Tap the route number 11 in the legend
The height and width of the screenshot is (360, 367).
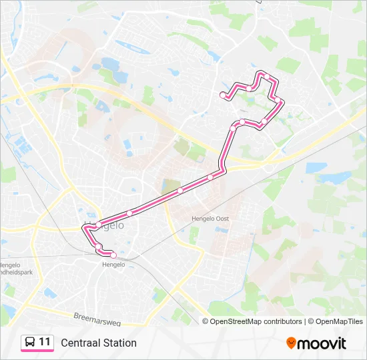pos(45,342)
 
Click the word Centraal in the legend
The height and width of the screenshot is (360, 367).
pos(80,343)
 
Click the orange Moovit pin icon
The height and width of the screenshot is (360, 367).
pos(291,343)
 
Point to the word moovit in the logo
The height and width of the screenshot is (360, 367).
pos(322,343)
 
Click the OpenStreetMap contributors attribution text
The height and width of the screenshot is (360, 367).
pos(256,321)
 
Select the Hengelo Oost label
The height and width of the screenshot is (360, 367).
pos(210,218)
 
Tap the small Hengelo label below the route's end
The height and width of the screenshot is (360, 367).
pos(113,265)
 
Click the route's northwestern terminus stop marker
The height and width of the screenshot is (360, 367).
pos(223,95)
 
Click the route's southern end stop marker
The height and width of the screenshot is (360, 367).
pos(113,255)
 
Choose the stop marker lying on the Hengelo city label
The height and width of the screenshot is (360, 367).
pos(98,224)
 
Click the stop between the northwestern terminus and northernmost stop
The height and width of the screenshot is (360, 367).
pos(248,88)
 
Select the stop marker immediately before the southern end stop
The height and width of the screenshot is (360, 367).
pos(98,247)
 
